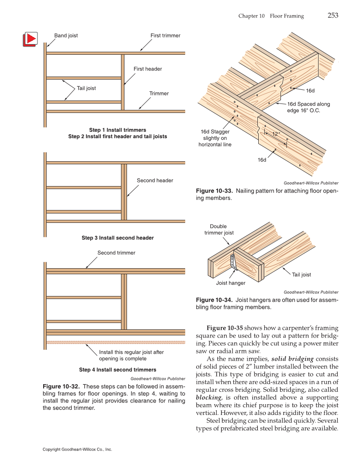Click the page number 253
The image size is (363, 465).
pos(333,15)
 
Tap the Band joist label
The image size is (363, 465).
pos(66,36)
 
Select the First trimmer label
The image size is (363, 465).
pos(165,36)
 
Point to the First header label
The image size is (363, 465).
pos(148,69)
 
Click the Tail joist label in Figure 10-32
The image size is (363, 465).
pos(86,88)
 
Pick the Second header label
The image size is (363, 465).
pos(155,181)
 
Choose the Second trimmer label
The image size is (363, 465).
pos(116,253)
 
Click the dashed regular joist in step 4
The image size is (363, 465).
pos(115,342)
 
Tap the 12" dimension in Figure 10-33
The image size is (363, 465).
pos(277,134)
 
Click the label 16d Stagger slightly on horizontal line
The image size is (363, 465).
pos(215,138)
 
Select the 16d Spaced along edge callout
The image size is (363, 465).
pos(308,107)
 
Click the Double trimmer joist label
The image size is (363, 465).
pos(219,229)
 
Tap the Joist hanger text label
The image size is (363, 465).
pos(230,283)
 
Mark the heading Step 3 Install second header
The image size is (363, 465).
pos(118,238)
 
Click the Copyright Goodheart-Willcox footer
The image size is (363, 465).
pos(77,450)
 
